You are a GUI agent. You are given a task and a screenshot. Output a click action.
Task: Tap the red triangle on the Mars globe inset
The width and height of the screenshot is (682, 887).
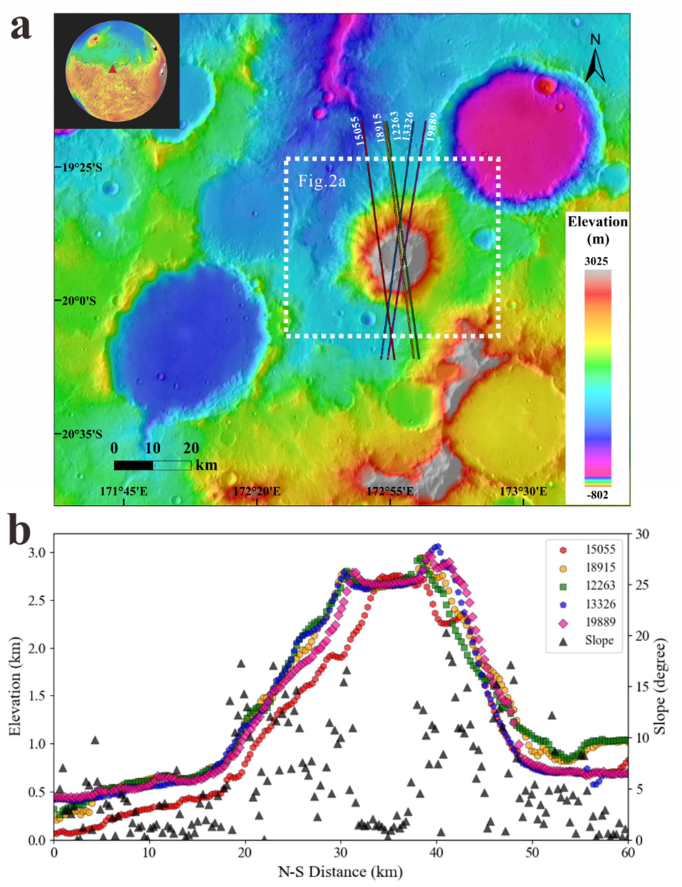112,69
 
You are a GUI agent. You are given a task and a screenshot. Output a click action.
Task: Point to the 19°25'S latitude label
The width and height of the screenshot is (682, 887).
82,167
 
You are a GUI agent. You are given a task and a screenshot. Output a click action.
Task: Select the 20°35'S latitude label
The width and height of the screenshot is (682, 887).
82,434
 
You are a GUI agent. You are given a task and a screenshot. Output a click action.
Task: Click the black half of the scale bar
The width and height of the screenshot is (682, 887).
134,465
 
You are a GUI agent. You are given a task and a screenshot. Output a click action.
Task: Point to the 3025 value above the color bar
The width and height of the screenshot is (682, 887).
596,261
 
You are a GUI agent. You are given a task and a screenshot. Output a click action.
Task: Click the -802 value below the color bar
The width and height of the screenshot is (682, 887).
596,495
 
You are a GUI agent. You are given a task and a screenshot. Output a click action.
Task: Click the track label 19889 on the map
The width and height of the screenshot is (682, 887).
432,127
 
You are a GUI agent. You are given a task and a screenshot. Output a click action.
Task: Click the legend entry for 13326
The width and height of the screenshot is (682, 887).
600,604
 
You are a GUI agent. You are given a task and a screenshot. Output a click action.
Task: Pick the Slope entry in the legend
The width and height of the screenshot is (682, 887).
599,641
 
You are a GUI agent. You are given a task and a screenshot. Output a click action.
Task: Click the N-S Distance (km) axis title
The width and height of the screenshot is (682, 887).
340,871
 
